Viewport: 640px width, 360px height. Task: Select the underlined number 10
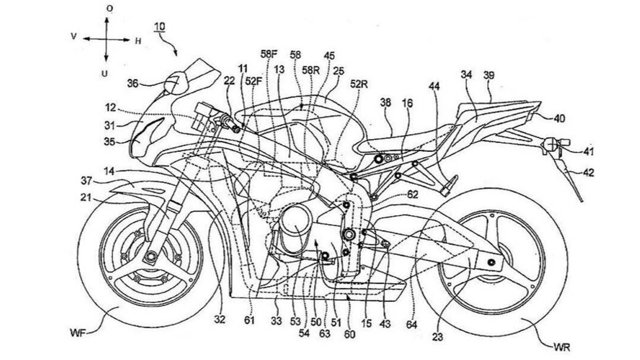[x=160, y=27]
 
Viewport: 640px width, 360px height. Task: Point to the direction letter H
[x=138, y=41]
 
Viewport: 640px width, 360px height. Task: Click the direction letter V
[x=74, y=36]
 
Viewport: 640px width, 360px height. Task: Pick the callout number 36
[x=134, y=84]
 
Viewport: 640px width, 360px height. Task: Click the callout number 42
[x=588, y=172]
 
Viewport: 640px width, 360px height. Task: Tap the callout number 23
[x=438, y=337]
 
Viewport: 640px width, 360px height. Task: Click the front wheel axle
[x=151, y=256]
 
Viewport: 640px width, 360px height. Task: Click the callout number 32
[x=220, y=319]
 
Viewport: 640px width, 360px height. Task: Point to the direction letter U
[x=105, y=74]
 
